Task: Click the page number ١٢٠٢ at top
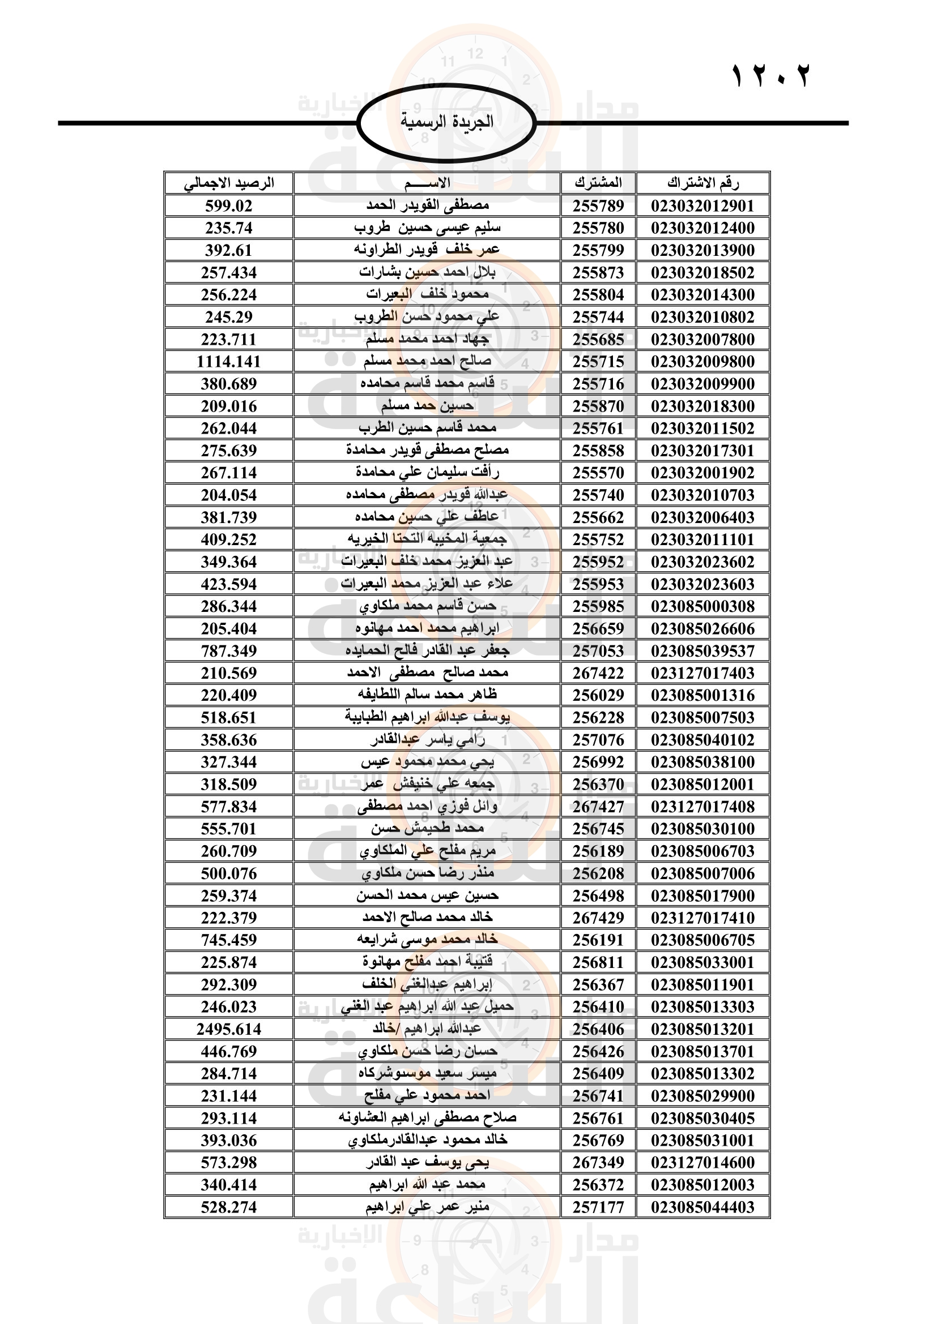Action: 771,76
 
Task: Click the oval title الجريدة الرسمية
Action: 446,122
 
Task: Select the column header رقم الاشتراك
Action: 702,183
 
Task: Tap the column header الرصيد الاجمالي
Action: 229,183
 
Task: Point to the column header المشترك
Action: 598,183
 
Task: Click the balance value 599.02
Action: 229,206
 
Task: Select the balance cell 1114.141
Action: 229,362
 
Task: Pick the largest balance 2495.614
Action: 229,1029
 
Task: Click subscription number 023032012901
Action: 702,206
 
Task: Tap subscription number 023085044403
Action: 702,1207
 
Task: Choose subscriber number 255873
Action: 598,273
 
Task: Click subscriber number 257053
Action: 598,651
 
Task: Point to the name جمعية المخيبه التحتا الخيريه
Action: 427,539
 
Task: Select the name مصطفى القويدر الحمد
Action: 427,205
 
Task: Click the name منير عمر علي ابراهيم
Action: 427,1207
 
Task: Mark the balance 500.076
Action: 229,873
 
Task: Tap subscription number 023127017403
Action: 702,673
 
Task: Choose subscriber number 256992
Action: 598,762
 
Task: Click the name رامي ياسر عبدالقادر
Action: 427,740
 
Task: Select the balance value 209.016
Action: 229,406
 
